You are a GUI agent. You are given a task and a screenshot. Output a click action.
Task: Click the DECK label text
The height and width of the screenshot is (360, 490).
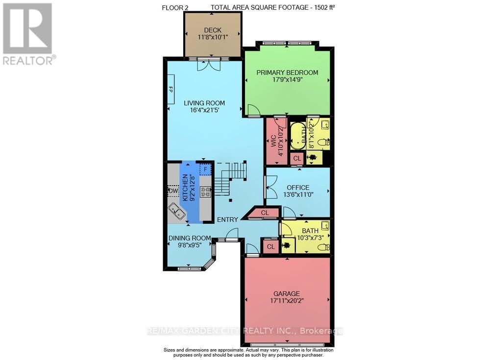(213, 30)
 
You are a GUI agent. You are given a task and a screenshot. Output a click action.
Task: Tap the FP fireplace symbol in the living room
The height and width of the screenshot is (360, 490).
(171, 89)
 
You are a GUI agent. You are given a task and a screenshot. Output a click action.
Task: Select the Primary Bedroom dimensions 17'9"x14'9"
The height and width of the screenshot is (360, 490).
(287, 81)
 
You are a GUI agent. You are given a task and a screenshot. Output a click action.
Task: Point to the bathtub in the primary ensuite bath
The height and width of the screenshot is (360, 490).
(297, 136)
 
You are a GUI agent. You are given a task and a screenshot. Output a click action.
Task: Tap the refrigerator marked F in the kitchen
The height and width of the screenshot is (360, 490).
(206, 169)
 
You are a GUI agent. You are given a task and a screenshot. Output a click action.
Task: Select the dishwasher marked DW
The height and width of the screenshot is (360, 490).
(173, 191)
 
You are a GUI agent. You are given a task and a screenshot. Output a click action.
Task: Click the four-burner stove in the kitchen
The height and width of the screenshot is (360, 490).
(205, 192)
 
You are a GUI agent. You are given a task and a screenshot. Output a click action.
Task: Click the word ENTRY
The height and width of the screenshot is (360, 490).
(228, 219)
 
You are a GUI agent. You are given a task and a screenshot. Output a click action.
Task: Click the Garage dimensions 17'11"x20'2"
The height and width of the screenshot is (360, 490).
(287, 301)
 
